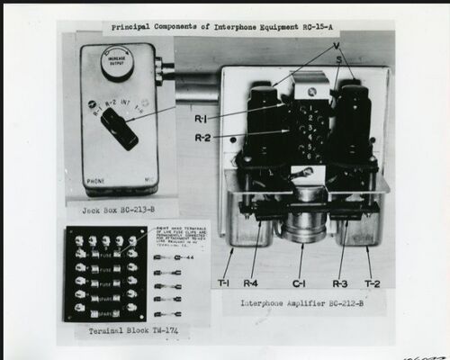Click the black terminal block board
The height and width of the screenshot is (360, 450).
point(106,274)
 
